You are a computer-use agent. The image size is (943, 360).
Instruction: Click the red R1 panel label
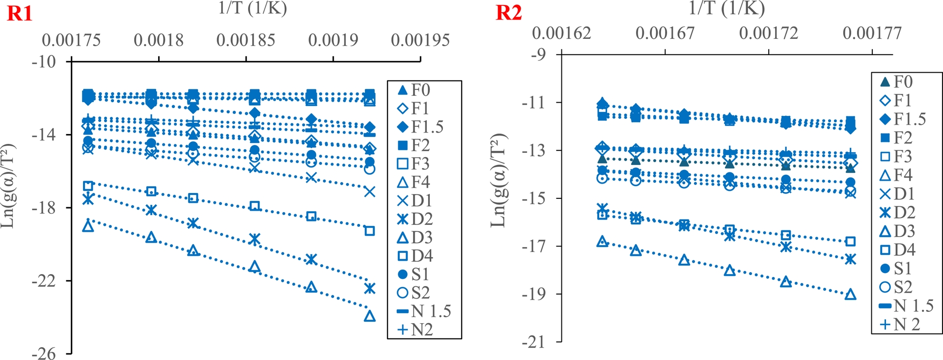click(20, 13)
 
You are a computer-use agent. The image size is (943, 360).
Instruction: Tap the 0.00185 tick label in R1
click(246, 40)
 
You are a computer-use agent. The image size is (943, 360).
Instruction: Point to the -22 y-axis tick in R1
click(44, 281)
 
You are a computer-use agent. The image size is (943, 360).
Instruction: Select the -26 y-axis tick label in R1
click(44, 354)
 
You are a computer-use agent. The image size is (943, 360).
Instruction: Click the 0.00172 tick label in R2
click(769, 33)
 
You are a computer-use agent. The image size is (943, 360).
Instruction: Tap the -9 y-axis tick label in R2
click(539, 54)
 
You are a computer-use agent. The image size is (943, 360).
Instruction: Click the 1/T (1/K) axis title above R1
click(252, 8)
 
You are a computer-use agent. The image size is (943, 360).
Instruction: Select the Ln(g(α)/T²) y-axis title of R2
click(498, 180)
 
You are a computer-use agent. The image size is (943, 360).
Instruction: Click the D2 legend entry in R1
click(416, 219)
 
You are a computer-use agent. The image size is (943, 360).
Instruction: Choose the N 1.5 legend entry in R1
click(424, 311)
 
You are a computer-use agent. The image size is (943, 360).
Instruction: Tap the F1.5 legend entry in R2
click(903, 119)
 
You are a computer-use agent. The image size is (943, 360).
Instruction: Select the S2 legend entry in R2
click(896, 287)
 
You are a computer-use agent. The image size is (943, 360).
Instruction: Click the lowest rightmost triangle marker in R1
click(370, 316)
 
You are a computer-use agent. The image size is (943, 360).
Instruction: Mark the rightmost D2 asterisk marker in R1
click(370, 288)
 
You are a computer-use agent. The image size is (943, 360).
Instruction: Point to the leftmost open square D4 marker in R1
click(88, 186)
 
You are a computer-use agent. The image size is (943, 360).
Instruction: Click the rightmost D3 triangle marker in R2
click(851, 295)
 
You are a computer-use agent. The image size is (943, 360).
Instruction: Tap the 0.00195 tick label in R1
click(420, 40)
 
